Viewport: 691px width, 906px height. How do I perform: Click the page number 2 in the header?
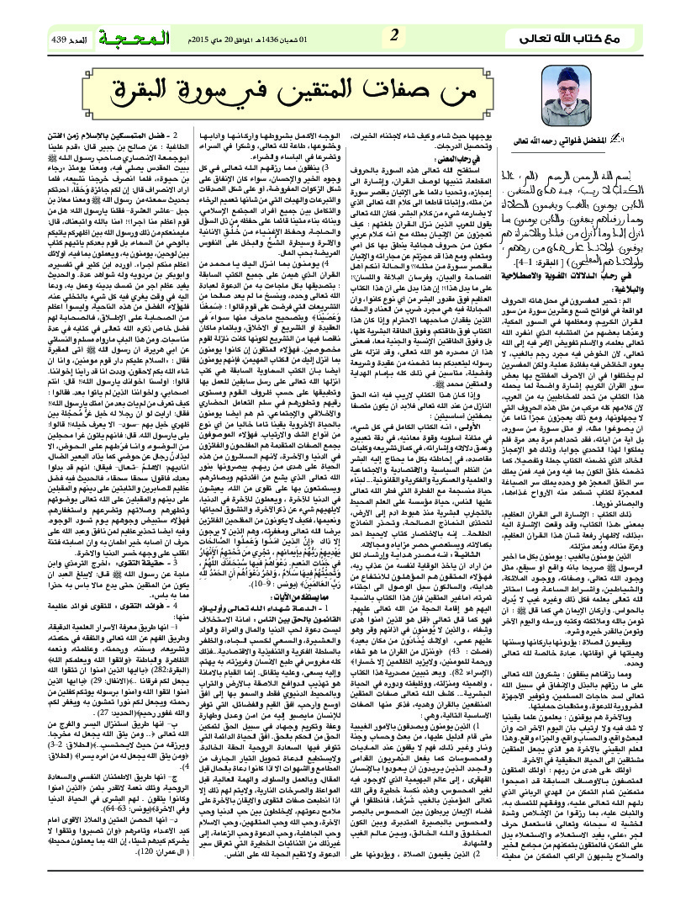pyautogui.click(x=395, y=36)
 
